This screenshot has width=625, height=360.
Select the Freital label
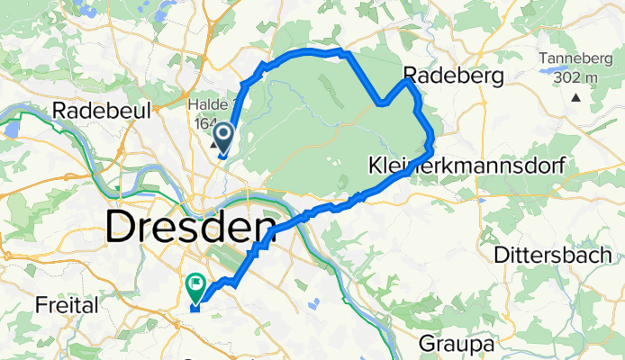[67, 306]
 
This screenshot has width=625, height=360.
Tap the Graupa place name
[457, 343]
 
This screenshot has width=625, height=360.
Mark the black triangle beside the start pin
[214, 144]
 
